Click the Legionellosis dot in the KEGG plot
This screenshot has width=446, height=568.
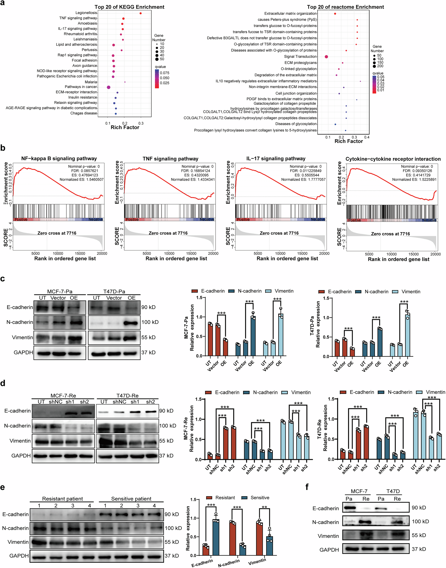[x=140, y=13]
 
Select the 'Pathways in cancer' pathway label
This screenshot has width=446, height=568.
[x=81, y=87]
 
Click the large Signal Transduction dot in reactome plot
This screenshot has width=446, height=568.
[x=326, y=57]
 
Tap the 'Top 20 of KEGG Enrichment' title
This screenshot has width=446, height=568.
[x=129, y=7]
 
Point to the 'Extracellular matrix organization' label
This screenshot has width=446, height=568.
[x=290, y=13]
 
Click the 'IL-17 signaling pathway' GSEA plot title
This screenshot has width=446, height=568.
[x=276, y=159]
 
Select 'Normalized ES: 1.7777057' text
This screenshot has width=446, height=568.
[x=303, y=179]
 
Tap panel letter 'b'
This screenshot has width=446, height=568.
[x=3, y=148]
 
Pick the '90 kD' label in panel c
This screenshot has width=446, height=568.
[x=148, y=307]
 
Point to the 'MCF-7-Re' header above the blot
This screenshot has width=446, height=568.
[x=63, y=396]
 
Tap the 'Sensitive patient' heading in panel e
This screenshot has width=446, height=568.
[x=131, y=499]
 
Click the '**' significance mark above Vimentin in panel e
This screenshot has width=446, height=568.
[x=264, y=507]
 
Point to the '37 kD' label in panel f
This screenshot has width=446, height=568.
[x=419, y=549]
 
